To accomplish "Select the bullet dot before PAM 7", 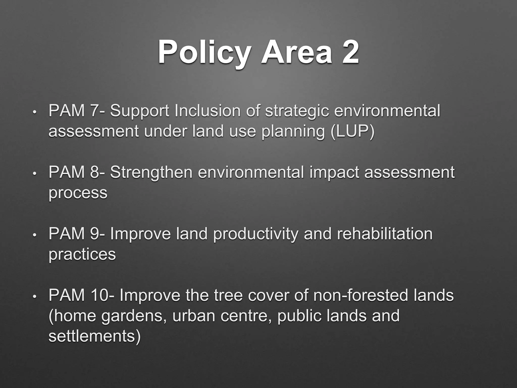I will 35,112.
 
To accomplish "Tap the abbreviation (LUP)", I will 352,132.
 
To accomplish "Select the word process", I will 78,193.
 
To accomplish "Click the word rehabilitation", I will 385,234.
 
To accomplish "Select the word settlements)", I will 94,336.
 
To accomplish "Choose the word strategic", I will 297,111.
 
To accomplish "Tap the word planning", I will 293,132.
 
